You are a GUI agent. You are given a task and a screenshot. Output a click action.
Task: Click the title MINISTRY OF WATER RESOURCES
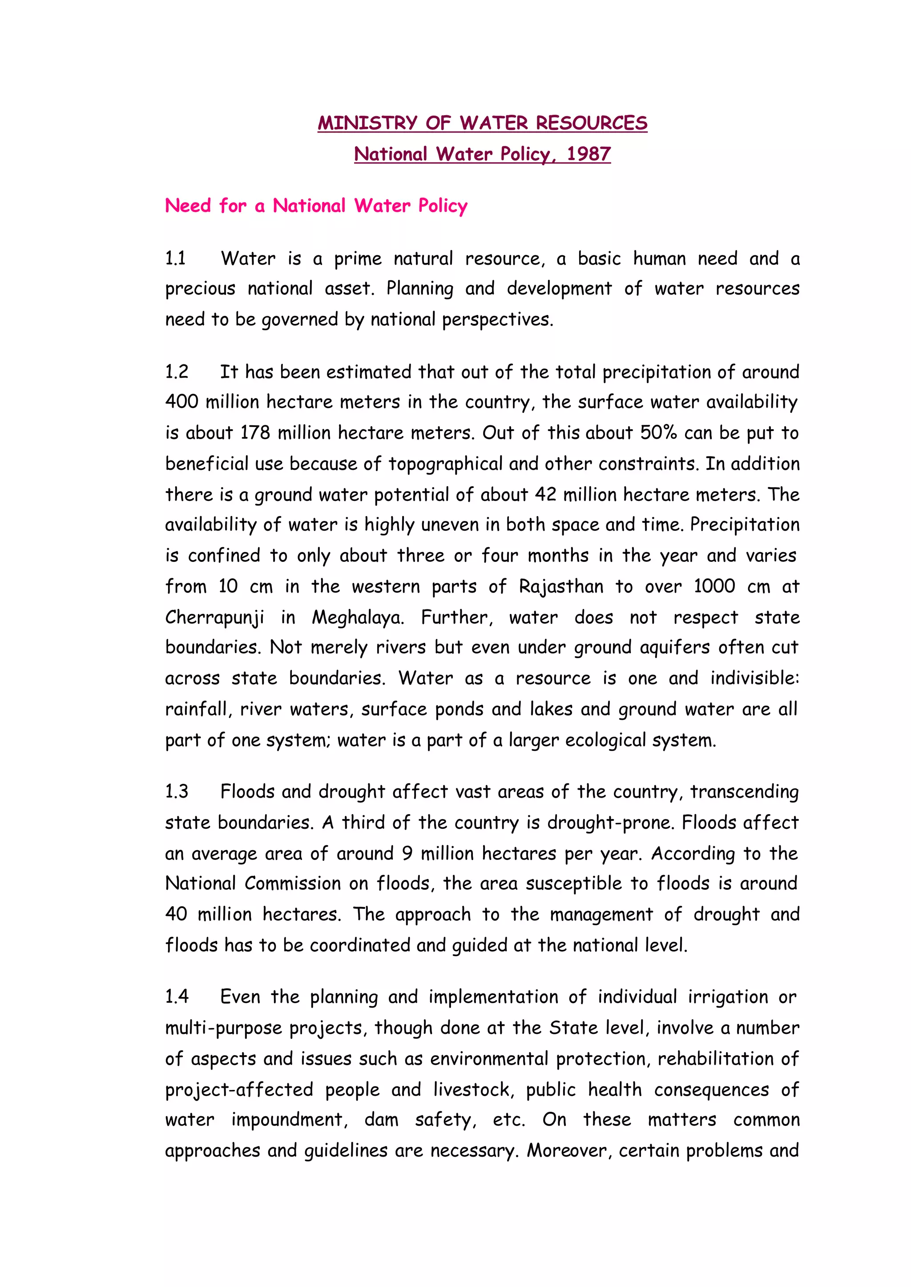click(483, 123)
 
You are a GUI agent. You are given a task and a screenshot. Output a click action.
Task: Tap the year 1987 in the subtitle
click(588, 154)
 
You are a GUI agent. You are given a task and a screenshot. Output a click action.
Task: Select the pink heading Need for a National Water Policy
click(316, 206)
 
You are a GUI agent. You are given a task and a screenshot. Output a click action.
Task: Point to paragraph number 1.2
click(176, 372)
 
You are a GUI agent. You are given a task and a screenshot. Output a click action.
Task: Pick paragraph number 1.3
click(176, 791)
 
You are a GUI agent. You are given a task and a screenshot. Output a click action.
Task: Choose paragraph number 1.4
click(176, 997)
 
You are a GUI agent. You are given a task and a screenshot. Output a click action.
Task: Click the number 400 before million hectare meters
click(181, 402)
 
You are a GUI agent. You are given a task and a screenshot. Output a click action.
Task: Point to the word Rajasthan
click(560, 587)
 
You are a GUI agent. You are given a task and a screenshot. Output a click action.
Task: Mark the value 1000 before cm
click(713, 586)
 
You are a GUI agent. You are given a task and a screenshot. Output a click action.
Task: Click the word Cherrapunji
click(214, 617)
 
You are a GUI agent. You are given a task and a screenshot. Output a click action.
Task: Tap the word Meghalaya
click(357, 617)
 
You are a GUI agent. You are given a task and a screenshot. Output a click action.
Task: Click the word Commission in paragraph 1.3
click(292, 884)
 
